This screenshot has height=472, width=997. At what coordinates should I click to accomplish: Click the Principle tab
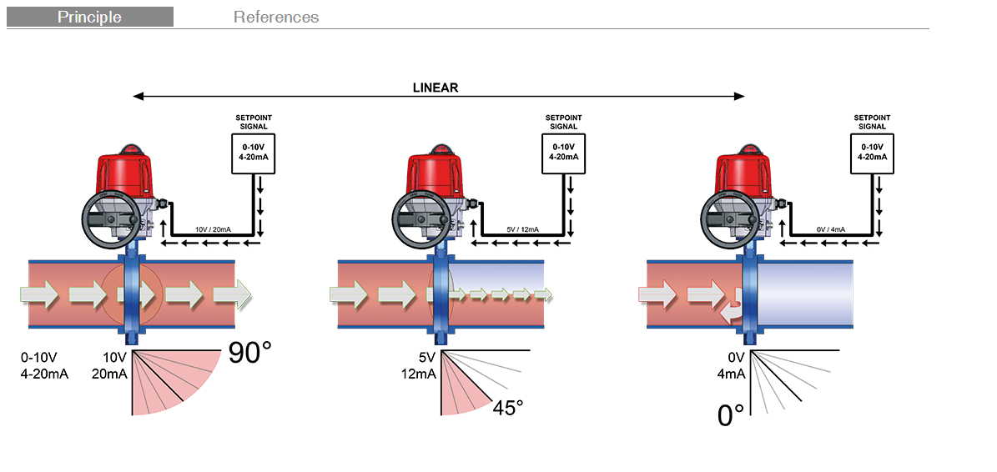click(x=90, y=17)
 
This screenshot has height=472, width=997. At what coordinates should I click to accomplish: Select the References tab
click(x=276, y=17)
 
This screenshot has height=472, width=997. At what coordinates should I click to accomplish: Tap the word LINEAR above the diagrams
click(x=436, y=88)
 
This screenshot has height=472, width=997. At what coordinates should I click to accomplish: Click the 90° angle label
click(x=249, y=353)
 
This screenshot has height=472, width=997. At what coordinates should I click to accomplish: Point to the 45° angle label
click(x=507, y=408)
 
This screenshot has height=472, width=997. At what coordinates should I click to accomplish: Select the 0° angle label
click(x=731, y=414)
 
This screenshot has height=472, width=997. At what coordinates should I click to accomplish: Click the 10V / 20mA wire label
click(x=212, y=228)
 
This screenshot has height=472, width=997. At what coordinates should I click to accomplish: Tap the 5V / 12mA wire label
click(x=523, y=228)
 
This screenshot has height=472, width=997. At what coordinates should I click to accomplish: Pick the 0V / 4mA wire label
click(x=832, y=228)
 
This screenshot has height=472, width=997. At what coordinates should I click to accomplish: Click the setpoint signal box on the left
click(x=254, y=153)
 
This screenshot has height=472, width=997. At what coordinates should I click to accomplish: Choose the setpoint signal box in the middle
click(x=563, y=153)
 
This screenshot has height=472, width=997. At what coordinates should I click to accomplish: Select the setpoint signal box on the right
click(x=872, y=153)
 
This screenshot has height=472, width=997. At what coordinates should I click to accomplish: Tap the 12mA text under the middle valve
click(x=418, y=373)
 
